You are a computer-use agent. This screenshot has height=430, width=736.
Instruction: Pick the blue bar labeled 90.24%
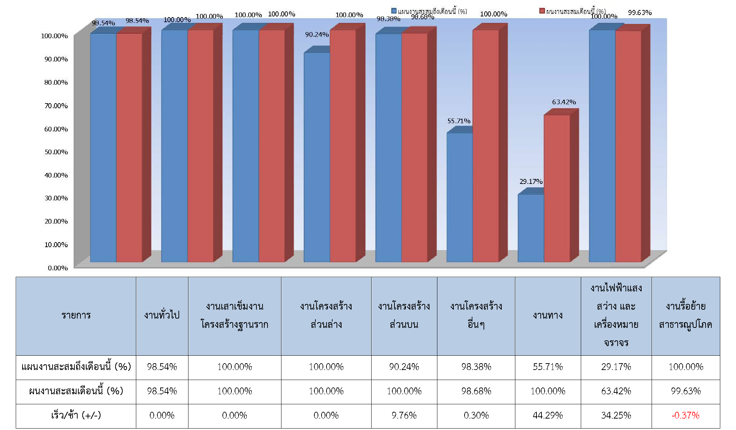click(317, 157)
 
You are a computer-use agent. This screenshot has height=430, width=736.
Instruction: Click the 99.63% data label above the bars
click(640, 13)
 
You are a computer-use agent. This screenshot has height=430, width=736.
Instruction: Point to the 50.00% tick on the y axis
click(56, 152)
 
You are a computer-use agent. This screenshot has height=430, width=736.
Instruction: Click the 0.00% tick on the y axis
click(58, 268)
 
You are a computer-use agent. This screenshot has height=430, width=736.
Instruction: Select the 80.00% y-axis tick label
click(56, 82)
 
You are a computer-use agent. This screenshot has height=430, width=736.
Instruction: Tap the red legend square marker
click(542, 11)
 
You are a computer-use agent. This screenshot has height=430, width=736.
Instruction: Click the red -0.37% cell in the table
click(686, 415)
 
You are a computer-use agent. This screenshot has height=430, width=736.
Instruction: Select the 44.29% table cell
click(548, 415)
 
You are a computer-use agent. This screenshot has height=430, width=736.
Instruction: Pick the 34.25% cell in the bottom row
click(616, 415)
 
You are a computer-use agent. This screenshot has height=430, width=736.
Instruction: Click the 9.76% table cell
click(404, 415)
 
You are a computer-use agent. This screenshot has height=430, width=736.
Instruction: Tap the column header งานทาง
click(548, 315)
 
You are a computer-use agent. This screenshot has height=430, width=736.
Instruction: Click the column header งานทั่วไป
click(162, 315)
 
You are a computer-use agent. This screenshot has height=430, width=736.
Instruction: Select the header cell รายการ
click(76, 315)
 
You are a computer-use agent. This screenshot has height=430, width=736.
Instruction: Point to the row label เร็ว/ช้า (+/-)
click(76, 415)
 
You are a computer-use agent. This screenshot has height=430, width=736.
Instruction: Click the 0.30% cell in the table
click(476, 415)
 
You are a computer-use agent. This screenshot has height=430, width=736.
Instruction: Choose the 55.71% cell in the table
click(548, 367)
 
